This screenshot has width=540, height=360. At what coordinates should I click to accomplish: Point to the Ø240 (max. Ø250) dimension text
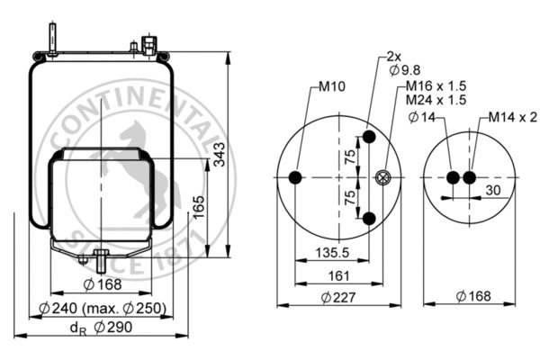[x=104, y=309]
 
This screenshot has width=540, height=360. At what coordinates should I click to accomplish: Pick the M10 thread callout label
[x=331, y=88]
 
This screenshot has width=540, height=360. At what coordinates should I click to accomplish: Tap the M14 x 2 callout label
[x=513, y=117]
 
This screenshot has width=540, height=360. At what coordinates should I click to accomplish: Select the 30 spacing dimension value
[x=493, y=190]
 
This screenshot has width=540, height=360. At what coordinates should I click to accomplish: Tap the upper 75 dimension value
[x=350, y=157]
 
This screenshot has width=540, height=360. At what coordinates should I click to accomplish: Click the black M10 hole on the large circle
[x=296, y=179]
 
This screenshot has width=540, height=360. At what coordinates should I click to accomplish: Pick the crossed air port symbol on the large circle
[x=384, y=178]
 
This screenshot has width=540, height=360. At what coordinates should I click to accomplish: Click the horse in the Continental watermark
[x=135, y=162]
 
